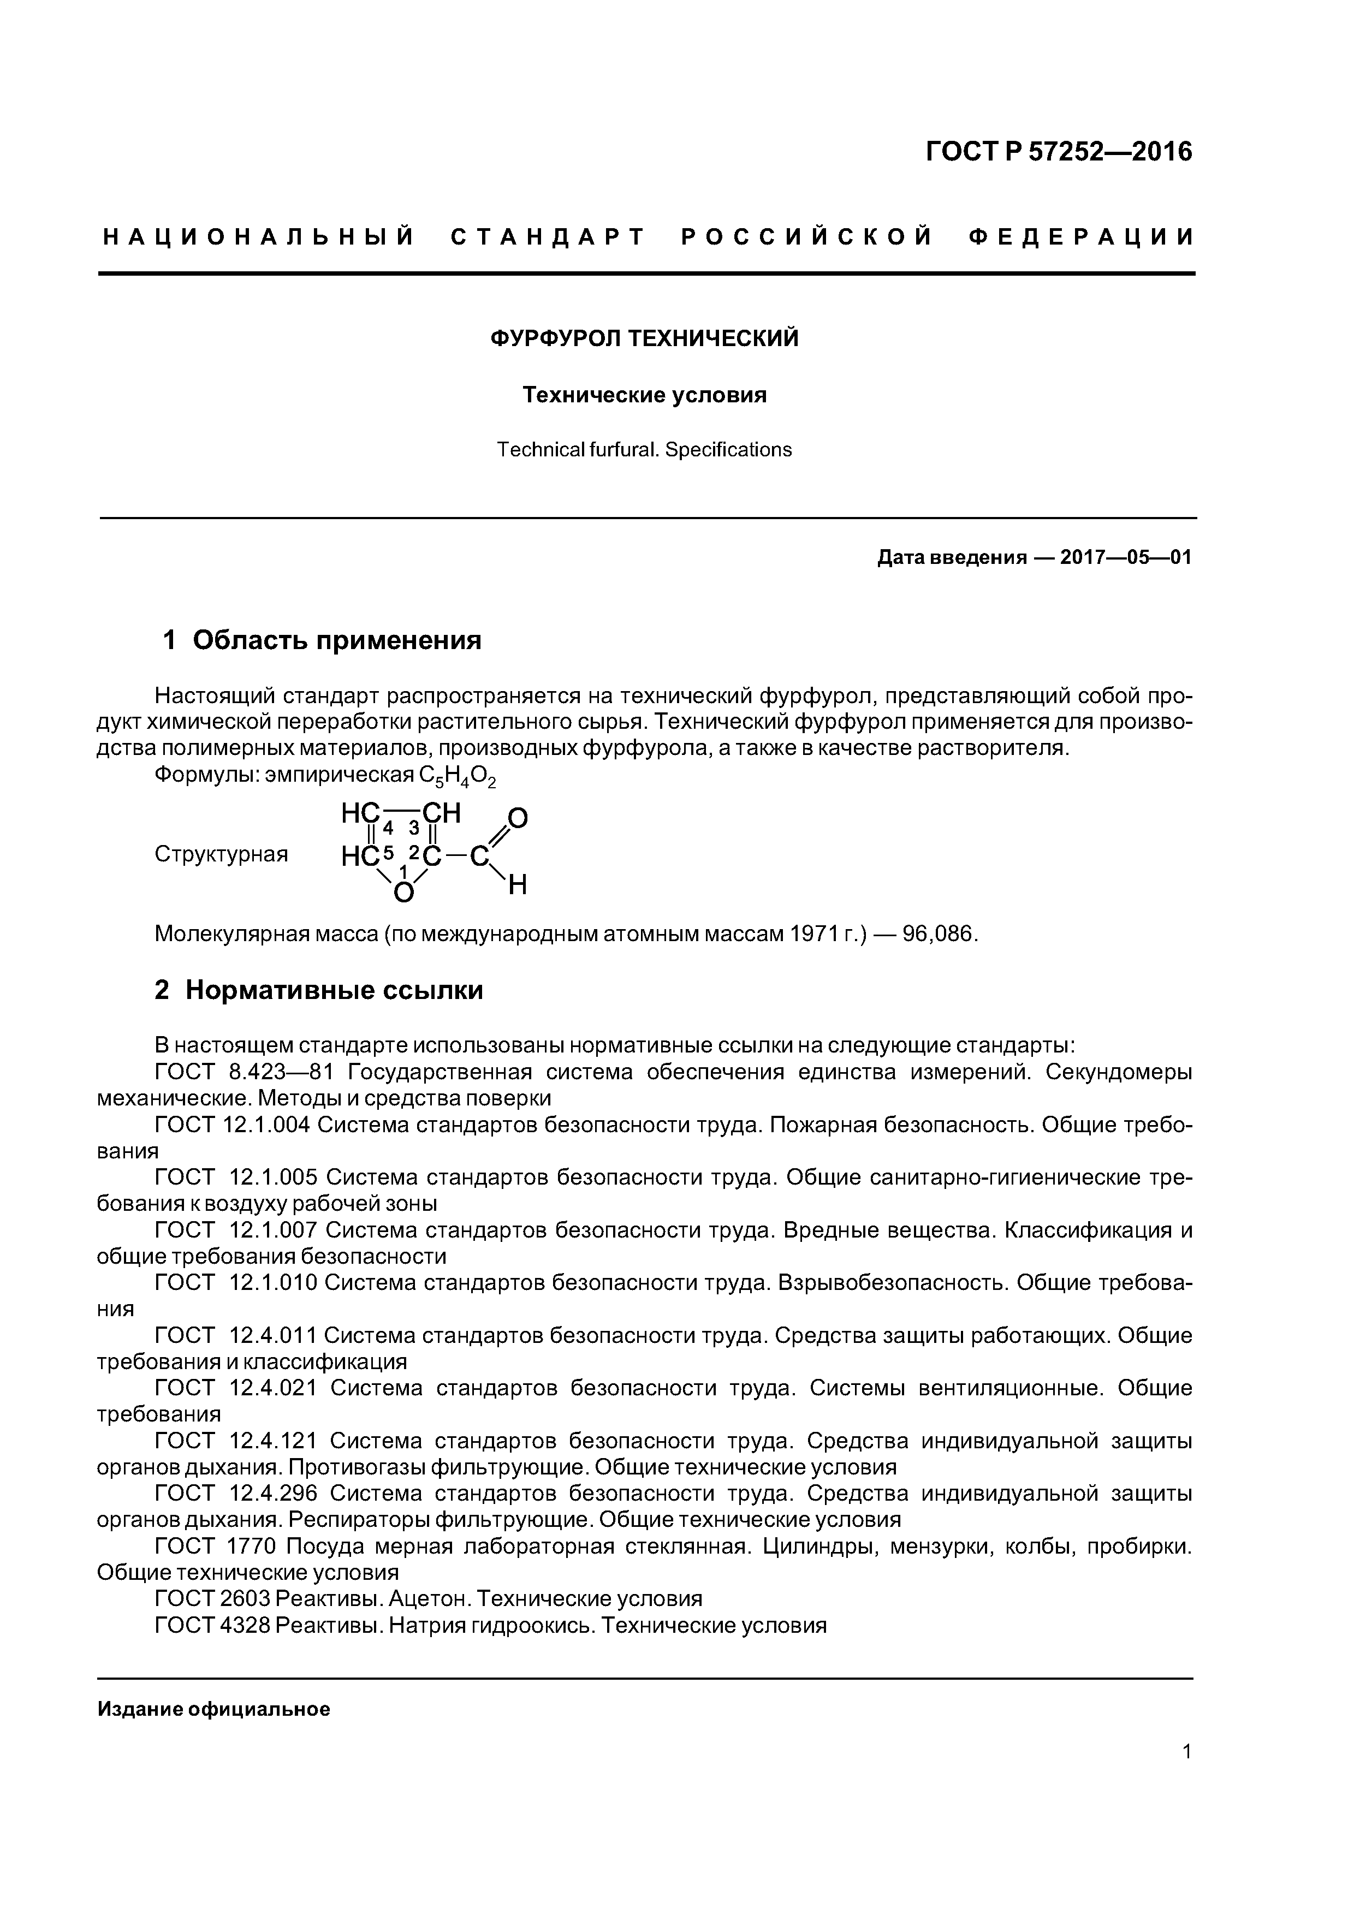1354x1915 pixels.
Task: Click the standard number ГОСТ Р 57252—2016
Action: click(x=1060, y=152)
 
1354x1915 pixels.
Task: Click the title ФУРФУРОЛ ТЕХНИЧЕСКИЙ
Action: click(x=644, y=338)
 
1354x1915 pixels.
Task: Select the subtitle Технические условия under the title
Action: click(x=644, y=395)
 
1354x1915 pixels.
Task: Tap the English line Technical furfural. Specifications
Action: click(x=644, y=450)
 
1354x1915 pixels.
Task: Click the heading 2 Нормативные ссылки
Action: click(x=319, y=990)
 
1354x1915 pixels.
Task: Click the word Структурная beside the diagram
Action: click(x=221, y=854)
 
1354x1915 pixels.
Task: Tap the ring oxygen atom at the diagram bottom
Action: click(x=403, y=893)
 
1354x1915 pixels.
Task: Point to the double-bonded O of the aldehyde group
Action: click(x=518, y=818)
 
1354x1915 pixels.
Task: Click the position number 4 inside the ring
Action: click(x=388, y=828)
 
